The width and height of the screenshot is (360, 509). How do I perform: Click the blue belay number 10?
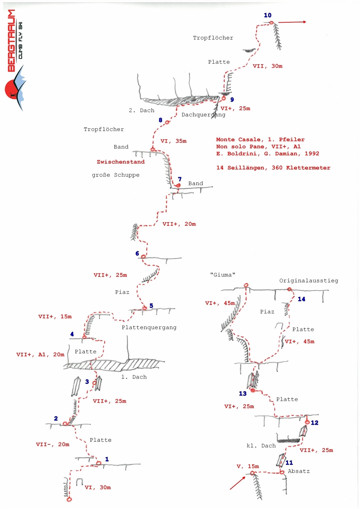coord(268,15)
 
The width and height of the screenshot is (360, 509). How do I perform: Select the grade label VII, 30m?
coord(267,66)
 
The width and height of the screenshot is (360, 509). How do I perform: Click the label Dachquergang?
coord(203,115)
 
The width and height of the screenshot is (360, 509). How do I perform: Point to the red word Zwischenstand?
coord(121,162)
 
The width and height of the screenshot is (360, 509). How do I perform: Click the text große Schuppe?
coord(116,175)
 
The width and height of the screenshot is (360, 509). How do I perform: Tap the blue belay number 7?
coord(180,179)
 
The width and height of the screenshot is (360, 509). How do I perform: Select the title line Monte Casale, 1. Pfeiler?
coord(260,140)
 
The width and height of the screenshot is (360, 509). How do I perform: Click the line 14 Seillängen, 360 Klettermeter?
coord(273,168)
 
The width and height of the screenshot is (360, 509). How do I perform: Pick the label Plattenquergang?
coord(149,328)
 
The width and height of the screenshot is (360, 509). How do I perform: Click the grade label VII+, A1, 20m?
coord(40,355)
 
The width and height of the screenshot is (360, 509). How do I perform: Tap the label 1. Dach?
coord(134,377)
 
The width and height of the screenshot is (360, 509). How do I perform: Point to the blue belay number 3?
coord(87,382)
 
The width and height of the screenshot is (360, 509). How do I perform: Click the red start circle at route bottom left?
coord(69,499)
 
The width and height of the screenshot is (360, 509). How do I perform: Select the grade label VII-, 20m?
coord(53,444)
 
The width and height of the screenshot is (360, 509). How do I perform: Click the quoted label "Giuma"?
coord(223,275)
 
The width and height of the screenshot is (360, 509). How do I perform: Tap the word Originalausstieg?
coord(309,281)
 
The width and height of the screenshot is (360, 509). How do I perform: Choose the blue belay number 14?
coord(301,299)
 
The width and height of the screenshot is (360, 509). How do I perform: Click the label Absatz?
coord(299,471)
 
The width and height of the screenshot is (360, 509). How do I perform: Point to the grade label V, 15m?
coord(248,466)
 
